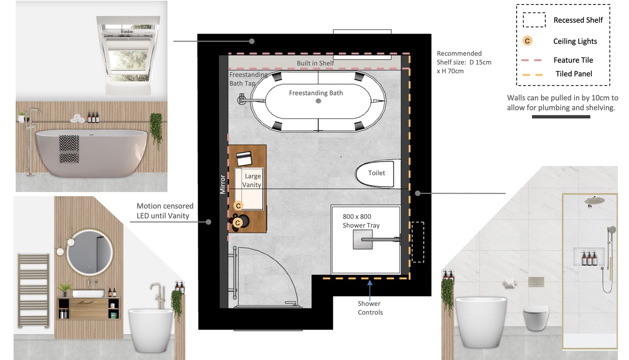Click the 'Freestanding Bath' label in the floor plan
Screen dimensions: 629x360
tap(316, 93)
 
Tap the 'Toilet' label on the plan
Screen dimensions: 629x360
tap(377, 173)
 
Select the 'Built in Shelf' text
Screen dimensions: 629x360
tap(315, 63)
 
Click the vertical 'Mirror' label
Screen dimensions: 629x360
tap(223, 184)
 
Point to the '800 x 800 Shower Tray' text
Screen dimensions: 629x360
tap(361, 221)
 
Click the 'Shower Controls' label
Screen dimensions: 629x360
tap(370, 308)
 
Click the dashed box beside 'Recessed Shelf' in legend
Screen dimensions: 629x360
tap(534, 20)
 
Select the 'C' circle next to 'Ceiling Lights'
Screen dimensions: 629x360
tap(528, 41)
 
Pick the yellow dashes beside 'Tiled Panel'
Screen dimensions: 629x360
tap(533, 75)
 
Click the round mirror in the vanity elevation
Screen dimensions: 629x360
tap(90, 252)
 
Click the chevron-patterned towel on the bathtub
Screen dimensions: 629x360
tap(69, 149)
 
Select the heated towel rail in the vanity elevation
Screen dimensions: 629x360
tap(34, 290)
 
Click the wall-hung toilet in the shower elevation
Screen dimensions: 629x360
tap(536, 318)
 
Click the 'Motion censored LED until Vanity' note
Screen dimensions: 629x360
tap(165, 211)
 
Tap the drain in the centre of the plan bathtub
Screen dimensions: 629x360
tap(318, 101)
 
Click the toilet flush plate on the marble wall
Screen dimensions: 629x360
tap(536, 282)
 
